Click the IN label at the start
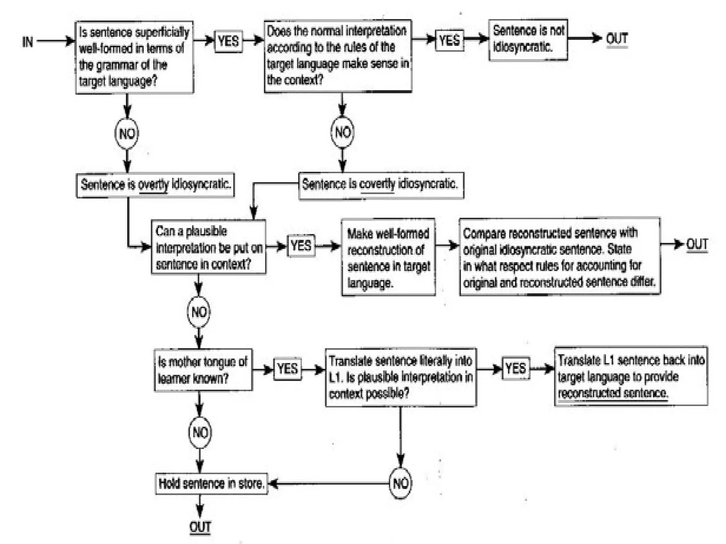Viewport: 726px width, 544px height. click(x=27, y=42)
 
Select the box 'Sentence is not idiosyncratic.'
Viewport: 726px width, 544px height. click(x=528, y=40)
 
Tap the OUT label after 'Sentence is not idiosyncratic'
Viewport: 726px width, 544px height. click(x=617, y=39)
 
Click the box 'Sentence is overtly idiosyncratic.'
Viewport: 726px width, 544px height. click(x=155, y=185)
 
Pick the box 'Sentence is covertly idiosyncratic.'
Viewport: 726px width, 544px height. click(x=381, y=185)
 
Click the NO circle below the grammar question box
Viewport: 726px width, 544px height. click(x=127, y=134)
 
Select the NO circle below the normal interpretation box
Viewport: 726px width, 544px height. click(x=342, y=132)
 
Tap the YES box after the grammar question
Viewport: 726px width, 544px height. click(x=229, y=41)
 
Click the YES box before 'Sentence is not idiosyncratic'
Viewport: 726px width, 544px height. click(x=449, y=40)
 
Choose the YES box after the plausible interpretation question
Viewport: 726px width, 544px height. click(x=301, y=245)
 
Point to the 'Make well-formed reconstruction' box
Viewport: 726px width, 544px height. click(x=388, y=257)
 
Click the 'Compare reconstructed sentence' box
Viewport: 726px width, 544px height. click(x=559, y=257)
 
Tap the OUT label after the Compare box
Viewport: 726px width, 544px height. click(x=697, y=244)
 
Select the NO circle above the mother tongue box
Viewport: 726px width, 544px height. click(x=199, y=312)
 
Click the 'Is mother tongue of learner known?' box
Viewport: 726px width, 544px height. click(x=203, y=370)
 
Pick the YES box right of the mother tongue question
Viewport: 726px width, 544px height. click(x=287, y=369)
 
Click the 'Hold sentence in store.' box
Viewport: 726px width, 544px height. click(x=211, y=483)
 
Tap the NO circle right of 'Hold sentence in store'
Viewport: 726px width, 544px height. click(x=401, y=483)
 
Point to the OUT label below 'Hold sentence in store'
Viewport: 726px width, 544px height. click(x=200, y=527)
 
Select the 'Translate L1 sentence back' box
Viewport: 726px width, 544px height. click(x=631, y=376)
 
